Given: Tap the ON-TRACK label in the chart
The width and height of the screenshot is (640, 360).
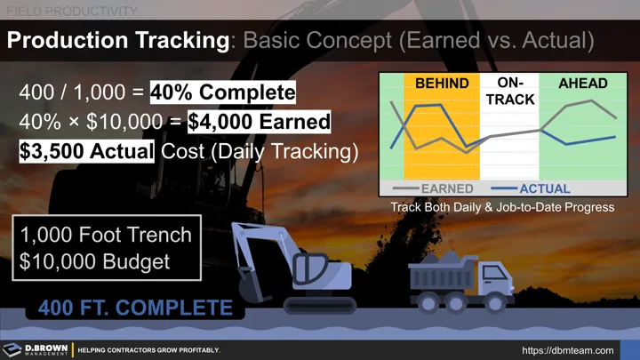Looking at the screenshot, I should click(x=510, y=91).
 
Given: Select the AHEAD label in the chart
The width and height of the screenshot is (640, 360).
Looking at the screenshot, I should click(x=582, y=84).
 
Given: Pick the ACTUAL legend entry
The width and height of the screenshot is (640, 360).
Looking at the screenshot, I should click(x=544, y=188).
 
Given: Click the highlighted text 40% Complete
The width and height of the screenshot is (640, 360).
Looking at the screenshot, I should click(x=222, y=92).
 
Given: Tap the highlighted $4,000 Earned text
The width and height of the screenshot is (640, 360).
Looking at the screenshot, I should click(x=259, y=121).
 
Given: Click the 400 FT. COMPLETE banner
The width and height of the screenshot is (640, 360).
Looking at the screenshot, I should click(x=134, y=308).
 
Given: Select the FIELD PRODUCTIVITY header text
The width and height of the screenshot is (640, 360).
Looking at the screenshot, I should click(x=72, y=11).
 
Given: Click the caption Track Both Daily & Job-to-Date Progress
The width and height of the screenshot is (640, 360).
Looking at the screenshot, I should click(x=502, y=207).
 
